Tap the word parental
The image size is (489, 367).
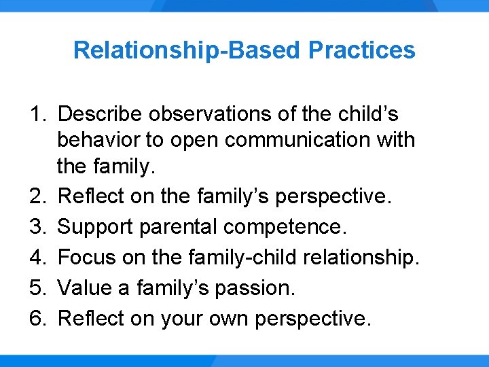pos(183,227)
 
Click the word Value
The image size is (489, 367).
pos(81,288)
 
